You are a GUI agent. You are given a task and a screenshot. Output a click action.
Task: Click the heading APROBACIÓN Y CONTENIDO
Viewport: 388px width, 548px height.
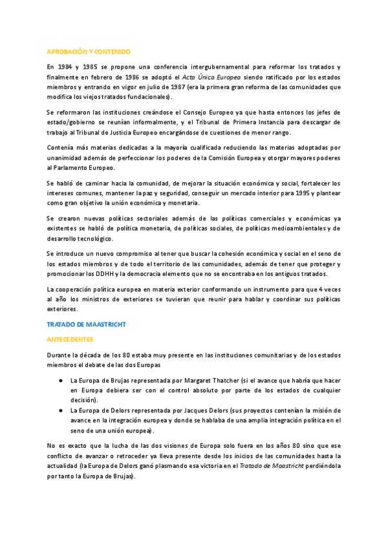pyautogui.click(x=89, y=51)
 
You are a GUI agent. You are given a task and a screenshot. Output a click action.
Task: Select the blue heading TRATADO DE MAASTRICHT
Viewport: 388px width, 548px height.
pyautogui.click(x=86, y=324)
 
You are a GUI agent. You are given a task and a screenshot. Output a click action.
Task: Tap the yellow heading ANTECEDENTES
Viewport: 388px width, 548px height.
pyautogui.click(x=70, y=339)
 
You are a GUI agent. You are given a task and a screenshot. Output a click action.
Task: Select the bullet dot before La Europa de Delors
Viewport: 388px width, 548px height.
pyautogui.click(x=59, y=411)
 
